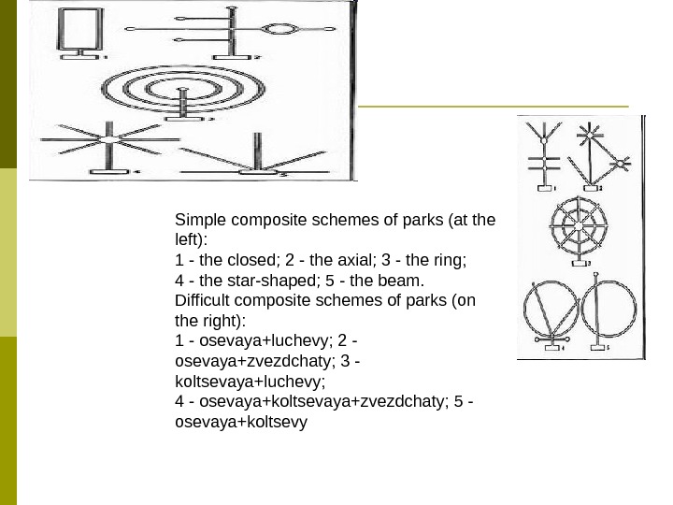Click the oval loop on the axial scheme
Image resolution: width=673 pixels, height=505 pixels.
280,29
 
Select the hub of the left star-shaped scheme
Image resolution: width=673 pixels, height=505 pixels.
110,140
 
